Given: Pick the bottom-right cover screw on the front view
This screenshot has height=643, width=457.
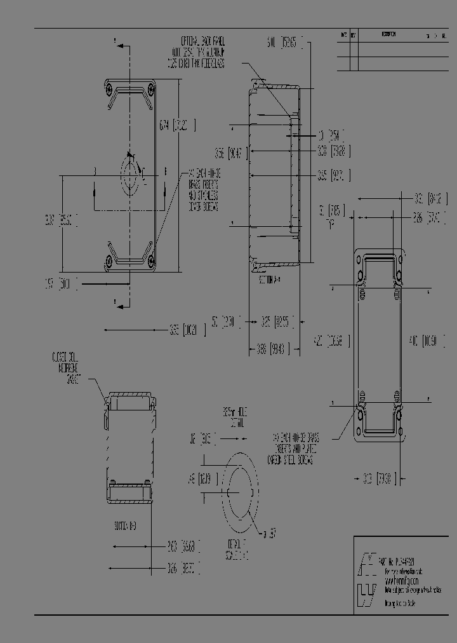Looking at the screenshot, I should (150, 259).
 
